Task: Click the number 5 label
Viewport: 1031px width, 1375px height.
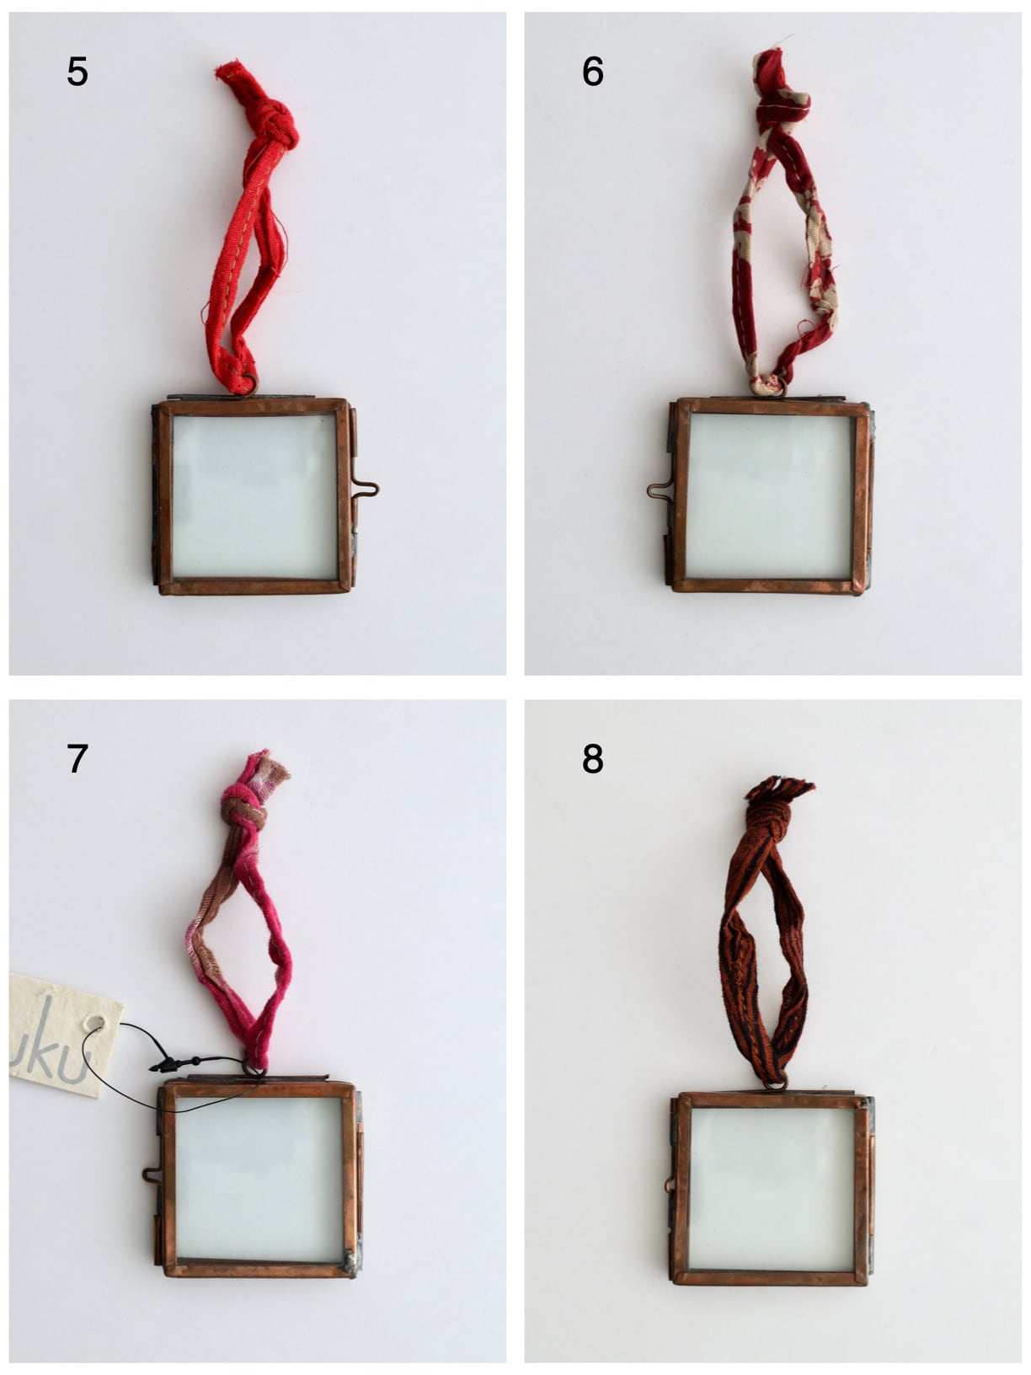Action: coord(77,72)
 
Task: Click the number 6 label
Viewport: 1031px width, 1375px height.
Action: coord(592,72)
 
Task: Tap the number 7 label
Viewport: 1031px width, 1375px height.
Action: coord(77,759)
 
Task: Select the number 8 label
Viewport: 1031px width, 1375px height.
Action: coord(592,759)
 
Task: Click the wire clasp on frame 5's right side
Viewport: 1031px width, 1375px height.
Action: coord(367,488)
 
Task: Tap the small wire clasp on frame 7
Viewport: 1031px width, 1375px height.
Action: coord(152,1174)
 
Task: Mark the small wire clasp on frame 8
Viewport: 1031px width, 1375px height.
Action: coord(670,1185)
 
